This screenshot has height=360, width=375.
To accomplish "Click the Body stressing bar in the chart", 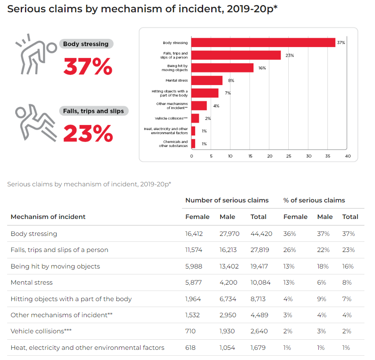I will [x=263, y=43].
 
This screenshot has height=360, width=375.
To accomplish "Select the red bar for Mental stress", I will [x=207, y=80].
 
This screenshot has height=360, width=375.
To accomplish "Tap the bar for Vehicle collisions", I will [x=195, y=119].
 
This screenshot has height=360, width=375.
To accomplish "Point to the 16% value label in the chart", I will [x=262, y=68].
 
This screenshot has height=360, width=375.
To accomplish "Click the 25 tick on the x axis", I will [x=289, y=156].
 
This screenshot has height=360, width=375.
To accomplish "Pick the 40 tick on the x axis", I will [x=347, y=156].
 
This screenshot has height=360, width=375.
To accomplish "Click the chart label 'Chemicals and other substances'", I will [x=173, y=144].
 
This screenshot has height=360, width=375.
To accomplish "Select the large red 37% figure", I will [x=88, y=66].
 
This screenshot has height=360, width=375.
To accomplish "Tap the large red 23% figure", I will [x=88, y=133].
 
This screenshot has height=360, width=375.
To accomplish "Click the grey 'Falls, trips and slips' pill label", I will [x=94, y=111].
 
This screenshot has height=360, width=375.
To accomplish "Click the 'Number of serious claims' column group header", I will [x=227, y=200].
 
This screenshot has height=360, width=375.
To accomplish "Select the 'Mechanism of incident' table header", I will [x=48, y=217].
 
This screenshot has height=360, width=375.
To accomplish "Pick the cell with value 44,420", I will [x=261, y=234].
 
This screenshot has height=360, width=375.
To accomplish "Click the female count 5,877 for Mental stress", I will [x=193, y=282].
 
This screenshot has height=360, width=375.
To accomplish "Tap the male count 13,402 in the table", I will [x=229, y=266].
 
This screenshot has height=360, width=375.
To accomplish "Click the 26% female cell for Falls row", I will [x=290, y=250].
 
